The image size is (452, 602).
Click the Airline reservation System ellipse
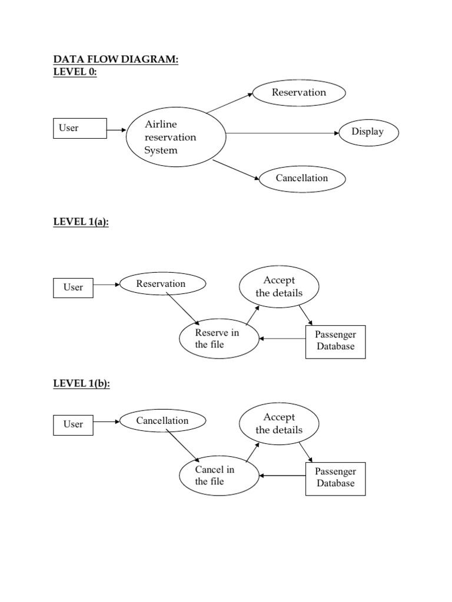pyautogui.click(x=176, y=137)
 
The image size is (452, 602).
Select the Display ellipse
pyautogui.click(x=368, y=132)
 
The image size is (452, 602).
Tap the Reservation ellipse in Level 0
pyautogui.click(x=298, y=92)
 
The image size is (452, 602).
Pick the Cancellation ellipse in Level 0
pyautogui.click(x=302, y=178)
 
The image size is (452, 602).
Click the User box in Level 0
pyautogui.click(x=80, y=128)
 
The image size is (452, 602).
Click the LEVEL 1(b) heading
pyautogui.click(x=81, y=383)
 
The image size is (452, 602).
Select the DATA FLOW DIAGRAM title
pyautogui.click(x=115, y=59)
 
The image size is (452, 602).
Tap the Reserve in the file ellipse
pyautogui.click(x=219, y=339)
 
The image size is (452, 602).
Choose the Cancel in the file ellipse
pyautogui.click(x=219, y=476)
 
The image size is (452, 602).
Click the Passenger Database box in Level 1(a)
pyautogui.click(x=335, y=341)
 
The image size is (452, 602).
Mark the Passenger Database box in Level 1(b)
pyautogui.click(x=335, y=478)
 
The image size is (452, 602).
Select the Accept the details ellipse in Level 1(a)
pyautogui.click(x=279, y=287)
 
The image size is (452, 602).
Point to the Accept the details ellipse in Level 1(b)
pyautogui.click(x=279, y=424)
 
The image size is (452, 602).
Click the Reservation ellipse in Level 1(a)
pyautogui.click(x=162, y=284)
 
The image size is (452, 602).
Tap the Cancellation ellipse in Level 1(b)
pyautogui.click(x=162, y=421)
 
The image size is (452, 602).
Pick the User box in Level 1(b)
pyautogui.click(x=73, y=424)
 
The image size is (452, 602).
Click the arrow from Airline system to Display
pyautogui.click(x=282, y=133)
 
